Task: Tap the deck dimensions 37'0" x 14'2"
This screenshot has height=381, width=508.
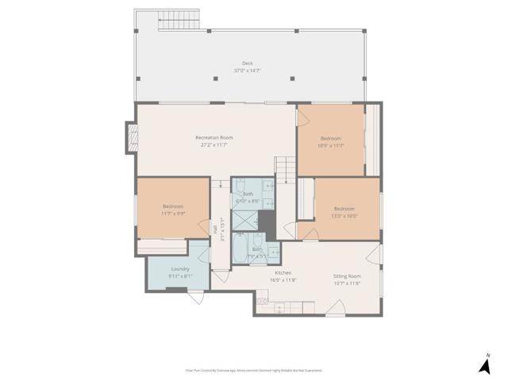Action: (248, 71)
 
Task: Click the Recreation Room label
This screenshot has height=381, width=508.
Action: (214, 137)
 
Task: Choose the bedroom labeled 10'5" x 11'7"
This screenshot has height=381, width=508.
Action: (330, 141)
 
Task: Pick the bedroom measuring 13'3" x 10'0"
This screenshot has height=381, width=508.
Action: (345, 212)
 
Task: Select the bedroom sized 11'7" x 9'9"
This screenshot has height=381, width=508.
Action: (172, 210)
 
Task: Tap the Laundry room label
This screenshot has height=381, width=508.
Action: (180, 269)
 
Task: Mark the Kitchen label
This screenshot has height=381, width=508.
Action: (283, 272)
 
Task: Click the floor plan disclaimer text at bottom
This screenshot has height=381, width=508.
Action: (254, 371)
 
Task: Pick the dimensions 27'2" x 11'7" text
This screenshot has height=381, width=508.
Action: (214, 144)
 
